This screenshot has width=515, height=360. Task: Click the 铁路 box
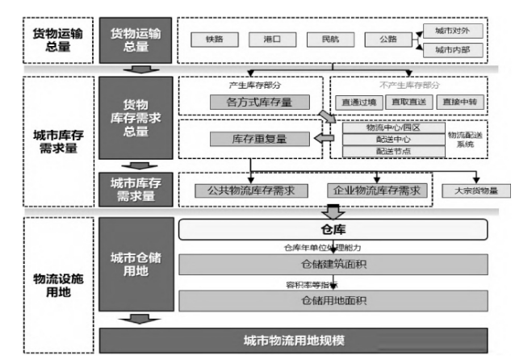214,39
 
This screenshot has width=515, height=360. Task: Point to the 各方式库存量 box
249,102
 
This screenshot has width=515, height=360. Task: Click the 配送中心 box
393,140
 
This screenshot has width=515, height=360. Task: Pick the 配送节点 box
393,151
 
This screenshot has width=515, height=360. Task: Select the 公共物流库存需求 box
251,190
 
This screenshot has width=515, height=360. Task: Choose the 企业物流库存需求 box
377,190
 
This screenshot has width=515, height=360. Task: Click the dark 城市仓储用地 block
136,264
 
